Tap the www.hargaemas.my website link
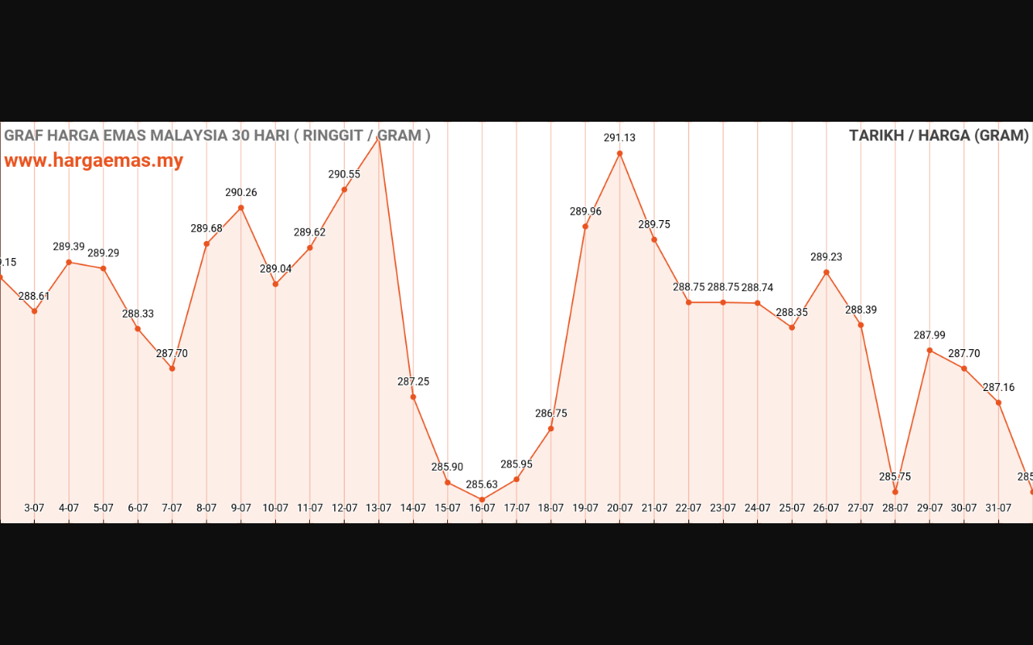[x=94, y=160]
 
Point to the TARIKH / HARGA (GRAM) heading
[x=939, y=135]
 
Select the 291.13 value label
[x=620, y=138]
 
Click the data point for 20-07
[x=620, y=153]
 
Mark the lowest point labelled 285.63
[x=482, y=500]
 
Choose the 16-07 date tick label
[x=482, y=508]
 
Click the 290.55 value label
[x=344, y=174]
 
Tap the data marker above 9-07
[x=241, y=208]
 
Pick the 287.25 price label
[x=413, y=382]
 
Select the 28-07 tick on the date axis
[x=895, y=508]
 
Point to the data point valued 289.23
[x=826, y=273]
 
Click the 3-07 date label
[x=34, y=508]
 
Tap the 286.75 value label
[x=551, y=414]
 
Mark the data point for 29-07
[x=930, y=351]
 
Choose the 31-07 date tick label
[x=998, y=508]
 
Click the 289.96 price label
[x=586, y=212]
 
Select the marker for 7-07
[x=172, y=368]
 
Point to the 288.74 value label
[x=757, y=288]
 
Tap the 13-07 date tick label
[x=378, y=508]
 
